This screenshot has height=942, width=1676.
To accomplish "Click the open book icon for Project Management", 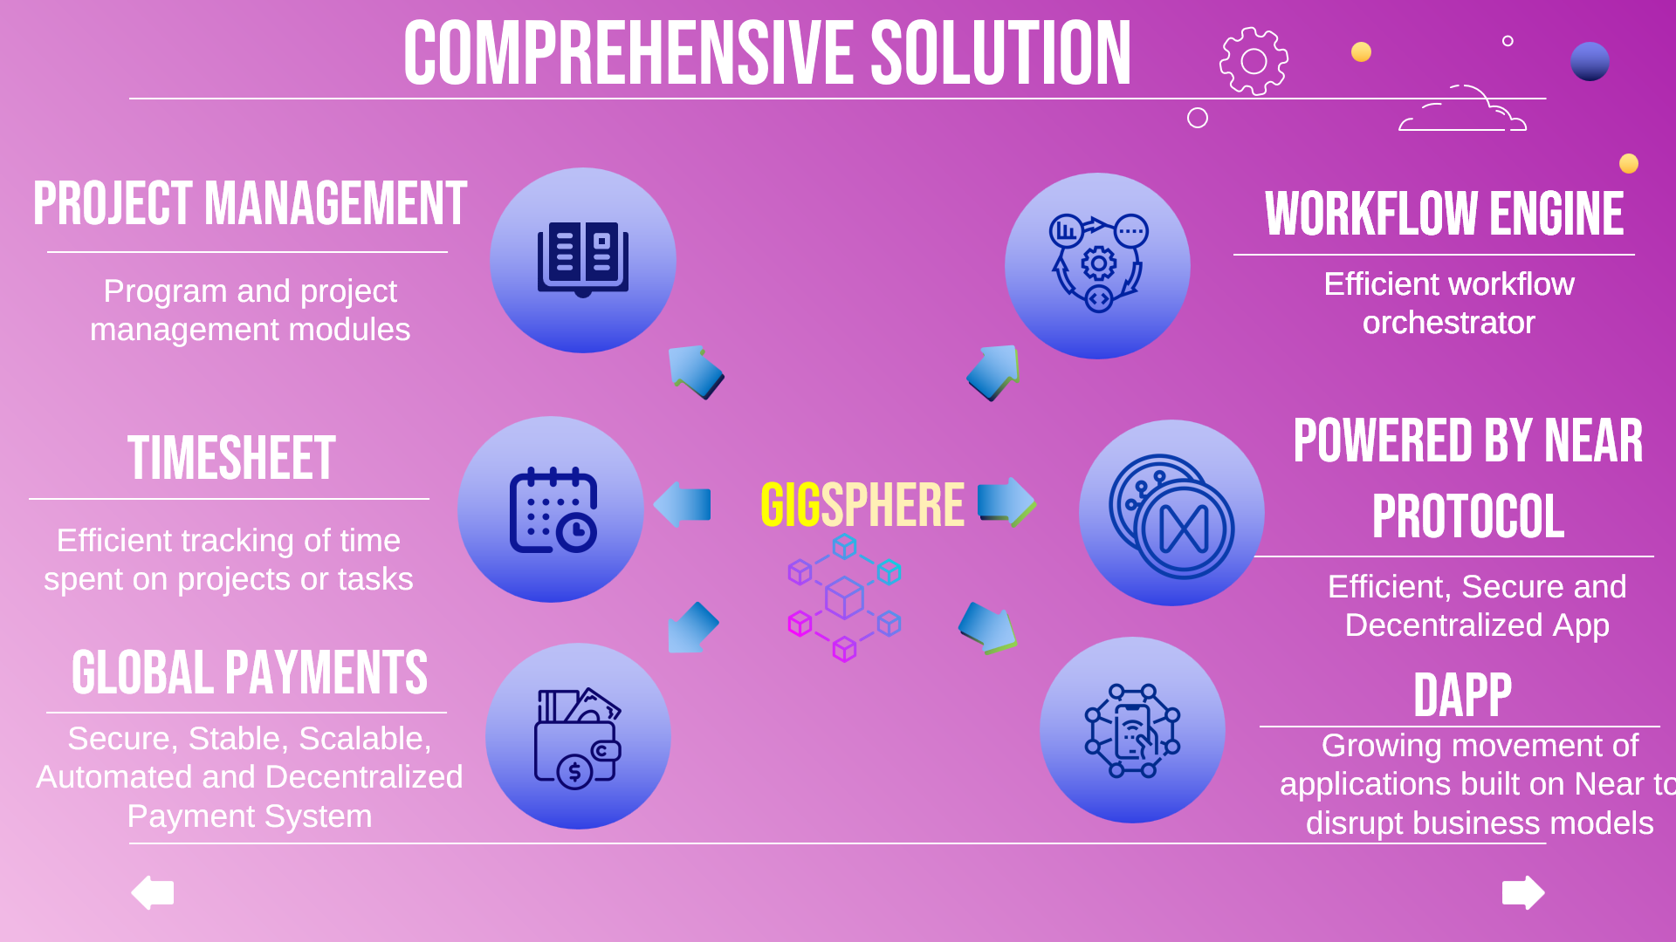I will click(x=582, y=259).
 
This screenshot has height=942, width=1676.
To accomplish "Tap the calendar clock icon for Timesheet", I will click(x=553, y=510).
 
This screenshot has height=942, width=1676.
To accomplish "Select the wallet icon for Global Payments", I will click(x=577, y=738).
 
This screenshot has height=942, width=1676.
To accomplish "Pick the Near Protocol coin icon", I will click(x=1172, y=515).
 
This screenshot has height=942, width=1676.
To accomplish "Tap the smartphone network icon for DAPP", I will click(x=1132, y=731).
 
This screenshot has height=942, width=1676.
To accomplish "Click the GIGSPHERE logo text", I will click(x=862, y=505).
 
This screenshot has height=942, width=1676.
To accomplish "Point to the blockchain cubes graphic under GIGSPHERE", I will click(x=844, y=597).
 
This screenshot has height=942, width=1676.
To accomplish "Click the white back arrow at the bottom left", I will click(x=153, y=892).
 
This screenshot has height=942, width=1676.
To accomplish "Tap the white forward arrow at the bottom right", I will click(x=1523, y=892).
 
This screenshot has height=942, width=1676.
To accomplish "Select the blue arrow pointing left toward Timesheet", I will click(x=683, y=504).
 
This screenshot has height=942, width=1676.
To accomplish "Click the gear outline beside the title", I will click(x=1254, y=61).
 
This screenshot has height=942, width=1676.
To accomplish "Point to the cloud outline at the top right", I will click(x=1463, y=110).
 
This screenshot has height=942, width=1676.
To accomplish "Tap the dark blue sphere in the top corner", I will click(x=1590, y=62).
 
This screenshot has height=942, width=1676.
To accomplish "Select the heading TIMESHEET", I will click(x=231, y=458).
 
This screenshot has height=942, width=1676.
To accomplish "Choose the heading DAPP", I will click(x=1462, y=695).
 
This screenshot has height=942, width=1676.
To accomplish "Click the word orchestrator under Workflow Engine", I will click(x=1448, y=323).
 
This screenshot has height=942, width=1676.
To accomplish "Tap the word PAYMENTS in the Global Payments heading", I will click(x=326, y=672).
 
